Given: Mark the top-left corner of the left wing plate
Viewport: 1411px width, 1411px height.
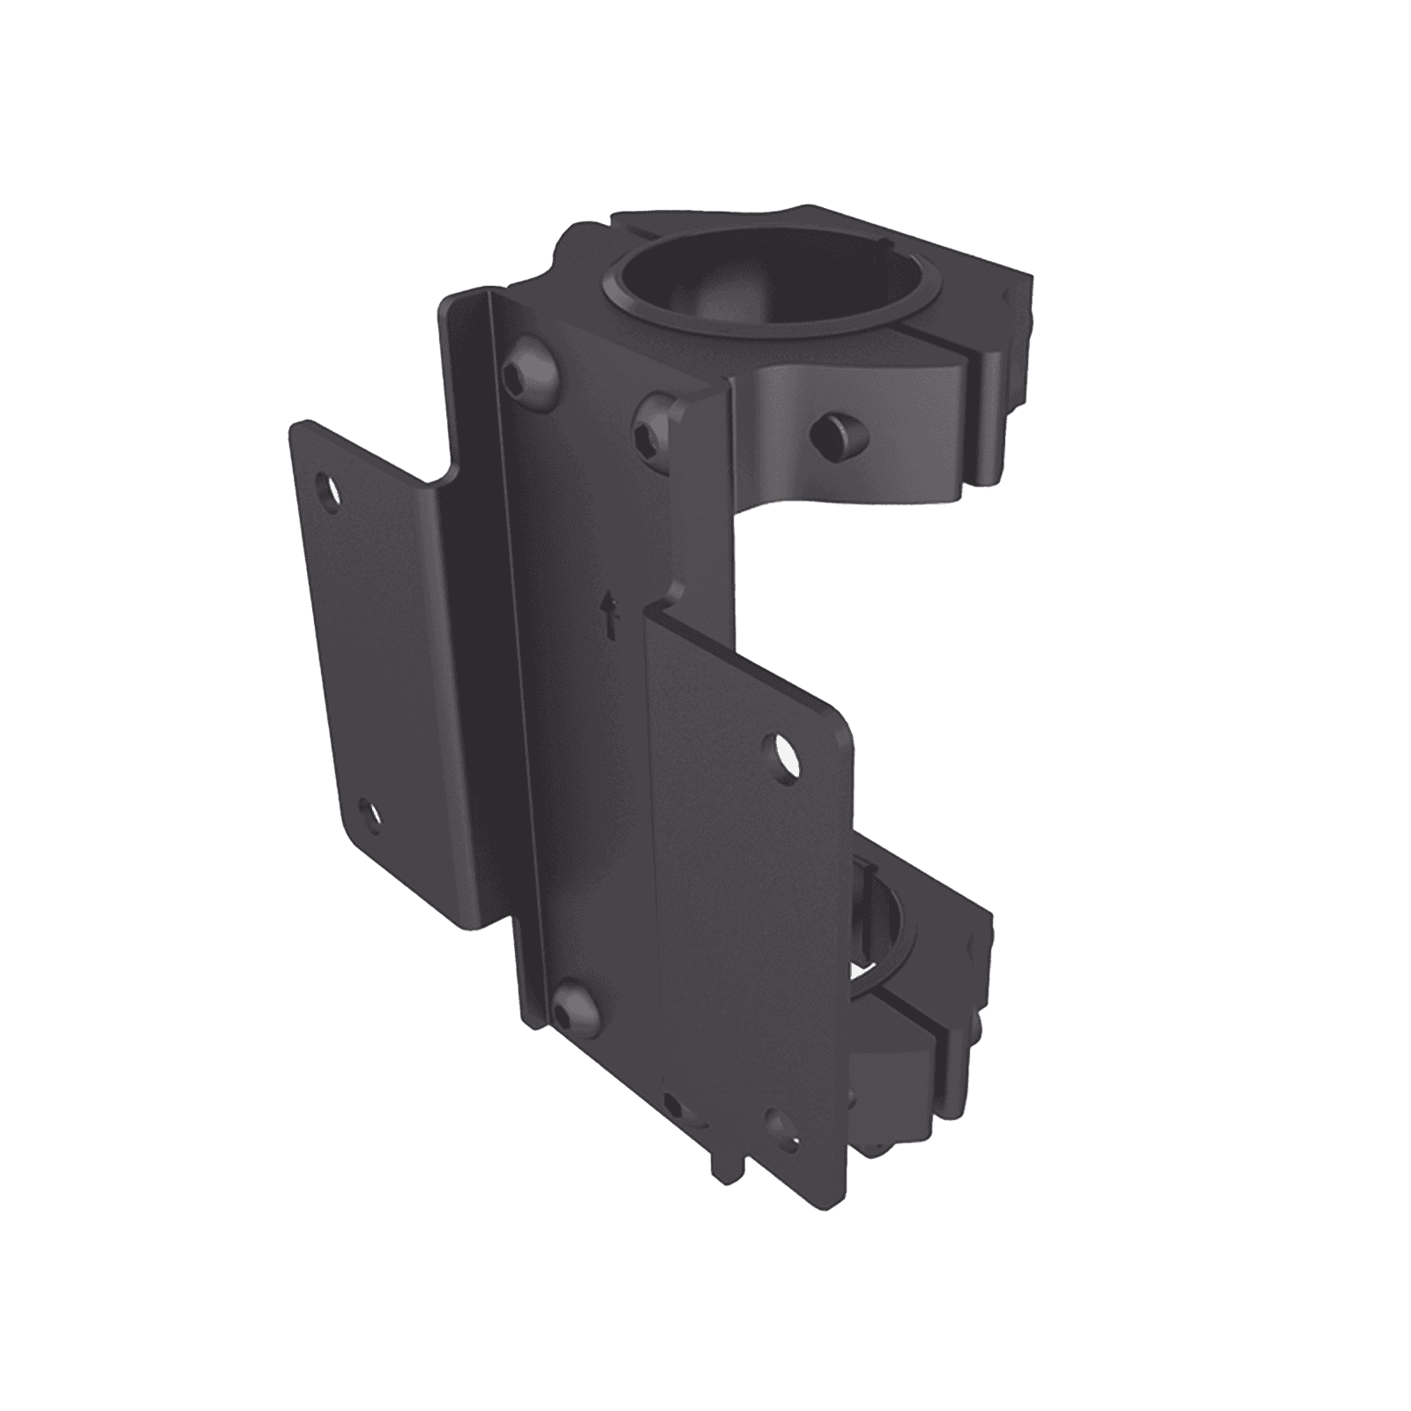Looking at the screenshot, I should tap(296, 427).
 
